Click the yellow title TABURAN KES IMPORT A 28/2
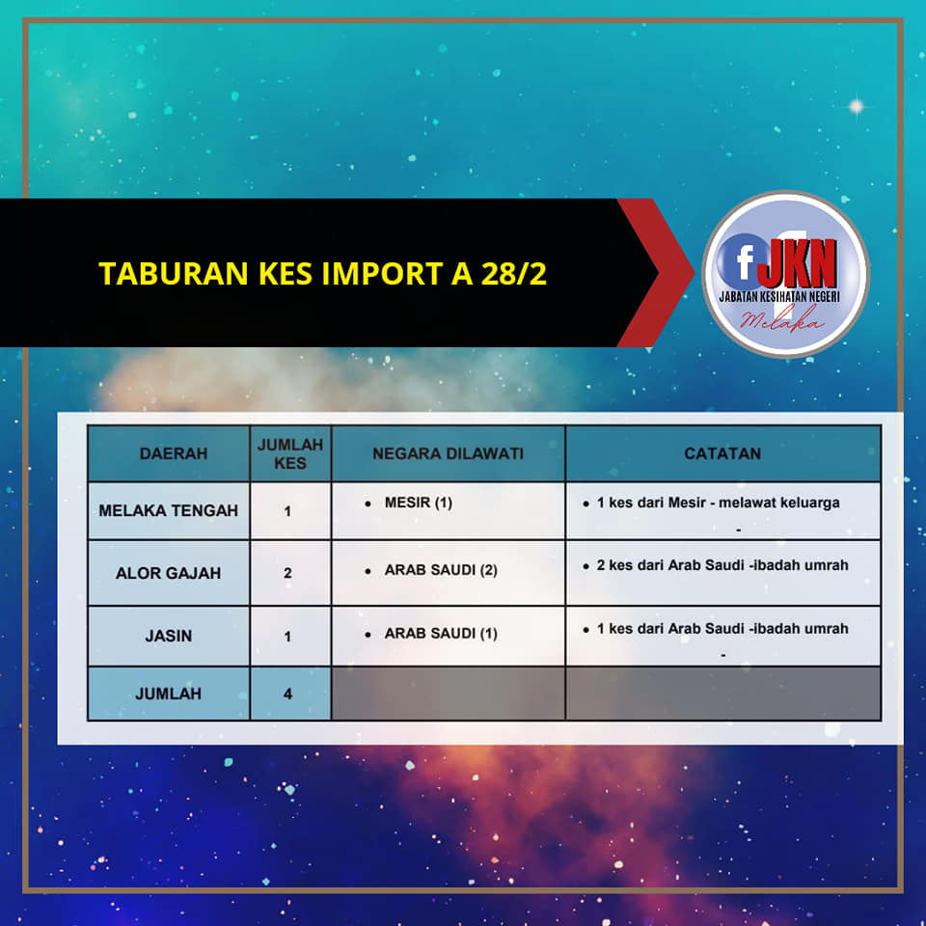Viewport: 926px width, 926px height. point(322,273)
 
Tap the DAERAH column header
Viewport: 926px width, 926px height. point(174,453)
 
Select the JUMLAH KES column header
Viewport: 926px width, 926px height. point(290,453)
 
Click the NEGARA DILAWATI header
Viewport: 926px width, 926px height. point(448,453)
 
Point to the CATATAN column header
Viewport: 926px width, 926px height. point(722,453)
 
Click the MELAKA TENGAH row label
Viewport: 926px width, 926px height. point(168,510)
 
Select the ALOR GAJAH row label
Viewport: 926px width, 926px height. point(168,573)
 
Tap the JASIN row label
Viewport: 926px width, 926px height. point(168,636)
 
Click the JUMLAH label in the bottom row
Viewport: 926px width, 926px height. point(168,694)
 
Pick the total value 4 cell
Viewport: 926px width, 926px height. point(287,694)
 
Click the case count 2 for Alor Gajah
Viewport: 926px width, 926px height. point(287,573)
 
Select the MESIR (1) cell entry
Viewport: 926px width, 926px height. point(418,503)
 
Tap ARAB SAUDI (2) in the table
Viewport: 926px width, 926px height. point(441,570)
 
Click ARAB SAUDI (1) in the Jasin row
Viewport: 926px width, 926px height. point(441,633)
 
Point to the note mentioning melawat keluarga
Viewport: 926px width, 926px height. point(718,503)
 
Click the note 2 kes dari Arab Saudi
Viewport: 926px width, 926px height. point(722,565)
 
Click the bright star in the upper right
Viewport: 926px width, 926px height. point(856,106)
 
